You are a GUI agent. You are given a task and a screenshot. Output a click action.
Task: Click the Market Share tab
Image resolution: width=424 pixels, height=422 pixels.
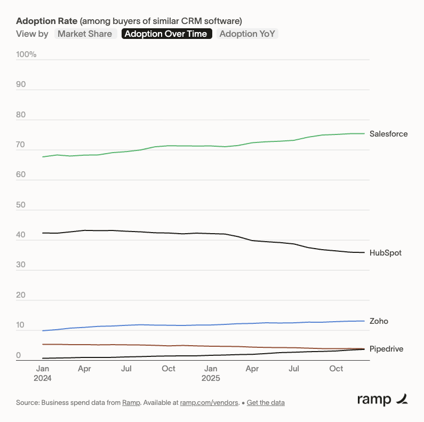[x=85, y=34]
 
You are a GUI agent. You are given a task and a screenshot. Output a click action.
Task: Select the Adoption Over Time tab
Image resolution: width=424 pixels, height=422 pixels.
[x=166, y=34]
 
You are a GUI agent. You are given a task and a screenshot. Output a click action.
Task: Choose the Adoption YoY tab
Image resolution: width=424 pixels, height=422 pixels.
[x=248, y=34]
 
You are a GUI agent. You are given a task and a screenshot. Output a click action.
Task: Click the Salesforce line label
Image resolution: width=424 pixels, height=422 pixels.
[x=388, y=134]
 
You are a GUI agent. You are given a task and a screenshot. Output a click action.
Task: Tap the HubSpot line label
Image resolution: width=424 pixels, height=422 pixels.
[x=385, y=253]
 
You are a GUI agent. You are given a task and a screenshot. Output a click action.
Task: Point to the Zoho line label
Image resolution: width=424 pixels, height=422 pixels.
[x=379, y=321]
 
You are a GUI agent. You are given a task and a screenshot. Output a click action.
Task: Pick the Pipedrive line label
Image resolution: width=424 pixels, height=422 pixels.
[x=386, y=349]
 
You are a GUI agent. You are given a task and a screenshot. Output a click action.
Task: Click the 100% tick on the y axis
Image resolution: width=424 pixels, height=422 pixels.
[x=26, y=54]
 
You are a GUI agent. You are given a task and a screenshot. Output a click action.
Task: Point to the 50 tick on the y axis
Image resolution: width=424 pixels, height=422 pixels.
[x=21, y=205]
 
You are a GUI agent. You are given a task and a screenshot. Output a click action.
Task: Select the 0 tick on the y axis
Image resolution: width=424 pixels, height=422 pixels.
[x=18, y=355]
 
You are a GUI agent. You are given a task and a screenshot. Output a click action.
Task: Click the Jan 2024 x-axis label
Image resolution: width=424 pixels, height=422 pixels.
[x=43, y=373]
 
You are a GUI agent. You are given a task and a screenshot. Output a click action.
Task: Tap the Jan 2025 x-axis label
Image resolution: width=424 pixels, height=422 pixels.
[x=210, y=373]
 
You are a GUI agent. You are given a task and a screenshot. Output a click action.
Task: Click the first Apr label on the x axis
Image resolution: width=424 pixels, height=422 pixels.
[x=84, y=369]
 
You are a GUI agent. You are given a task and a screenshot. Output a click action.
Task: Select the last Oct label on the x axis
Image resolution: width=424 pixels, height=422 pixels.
[x=336, y=369]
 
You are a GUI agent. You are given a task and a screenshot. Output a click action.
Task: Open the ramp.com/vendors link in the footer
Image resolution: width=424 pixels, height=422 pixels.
[x=209, y=402]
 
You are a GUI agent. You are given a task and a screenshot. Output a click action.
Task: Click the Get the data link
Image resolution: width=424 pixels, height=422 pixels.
[x=266, y=402]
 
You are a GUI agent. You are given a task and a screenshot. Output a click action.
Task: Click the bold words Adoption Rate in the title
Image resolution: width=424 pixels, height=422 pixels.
[x=46, y=21]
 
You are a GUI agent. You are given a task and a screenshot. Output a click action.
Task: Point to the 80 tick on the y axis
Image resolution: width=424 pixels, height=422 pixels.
[x=21, y=115]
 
